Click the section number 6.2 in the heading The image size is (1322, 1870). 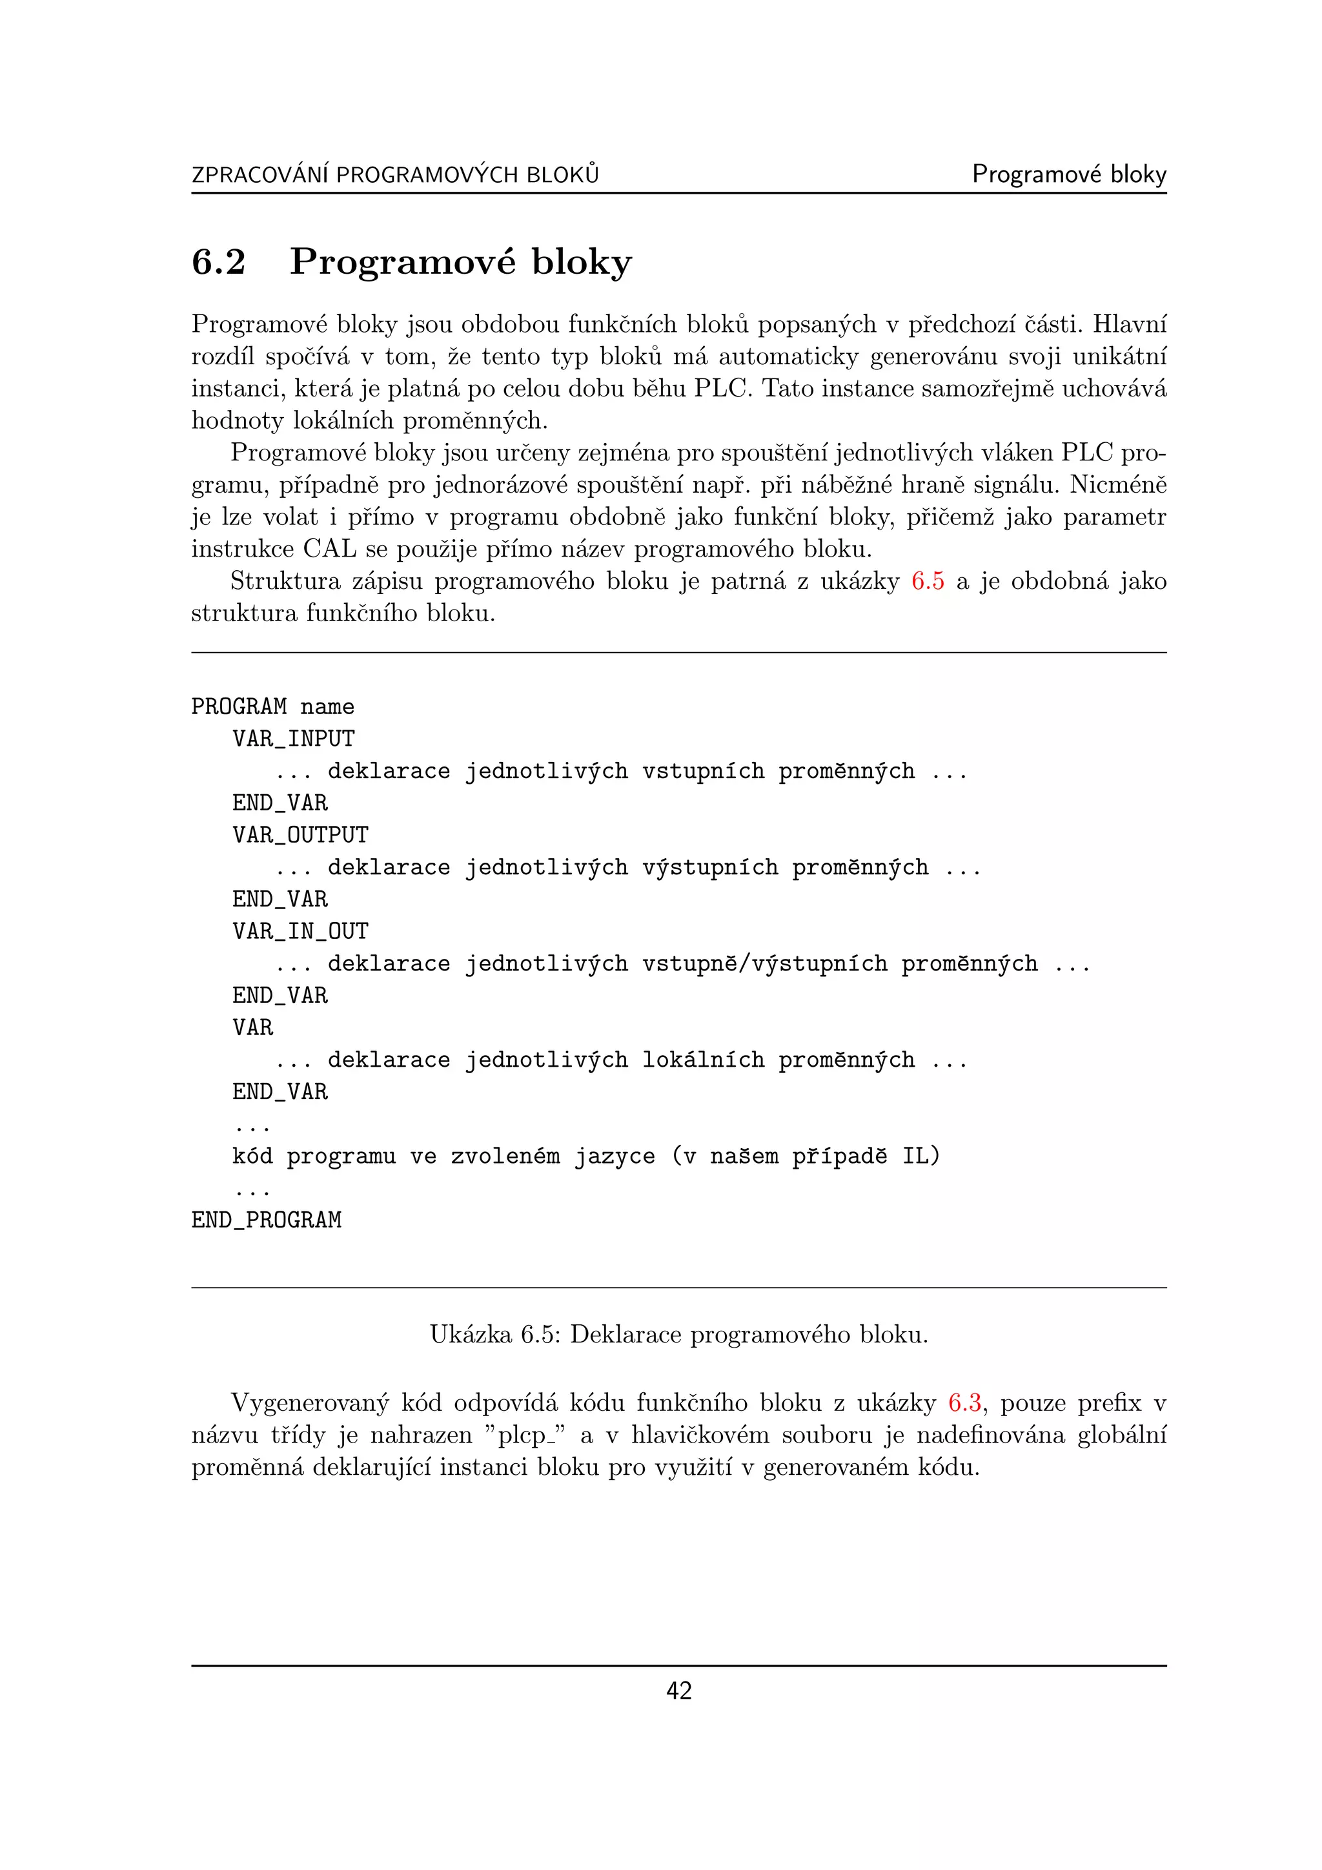click(218, 262)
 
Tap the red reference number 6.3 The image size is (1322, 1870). click(964, 1402)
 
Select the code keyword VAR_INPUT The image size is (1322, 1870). click(293, 739)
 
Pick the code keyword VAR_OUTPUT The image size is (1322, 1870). click(300, 835)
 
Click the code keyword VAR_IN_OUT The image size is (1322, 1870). click(300, 931)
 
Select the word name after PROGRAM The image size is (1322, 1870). click(327, 707)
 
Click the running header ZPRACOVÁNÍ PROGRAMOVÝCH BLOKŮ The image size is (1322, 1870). click(395, 174)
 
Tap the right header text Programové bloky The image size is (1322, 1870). click(1069, 174)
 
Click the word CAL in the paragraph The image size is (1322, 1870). click(330, 549)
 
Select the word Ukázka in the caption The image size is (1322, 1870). click(471, 1334)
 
